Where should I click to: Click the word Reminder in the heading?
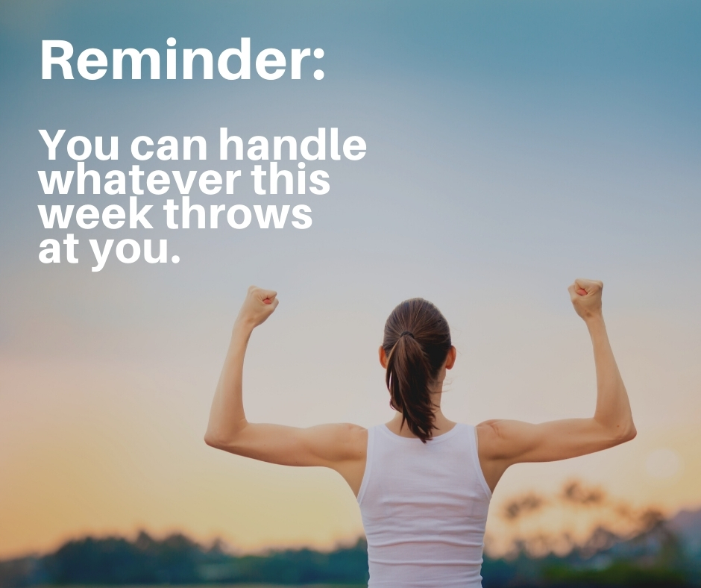click(x=175, y=59)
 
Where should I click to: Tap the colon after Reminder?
click(x=318, y=65)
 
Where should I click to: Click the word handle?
click(x=292, y=144)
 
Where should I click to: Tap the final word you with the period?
click(x=134, y=252)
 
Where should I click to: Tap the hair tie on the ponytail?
click(x=406, y=334)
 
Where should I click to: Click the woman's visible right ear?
click(x=450, y=358)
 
